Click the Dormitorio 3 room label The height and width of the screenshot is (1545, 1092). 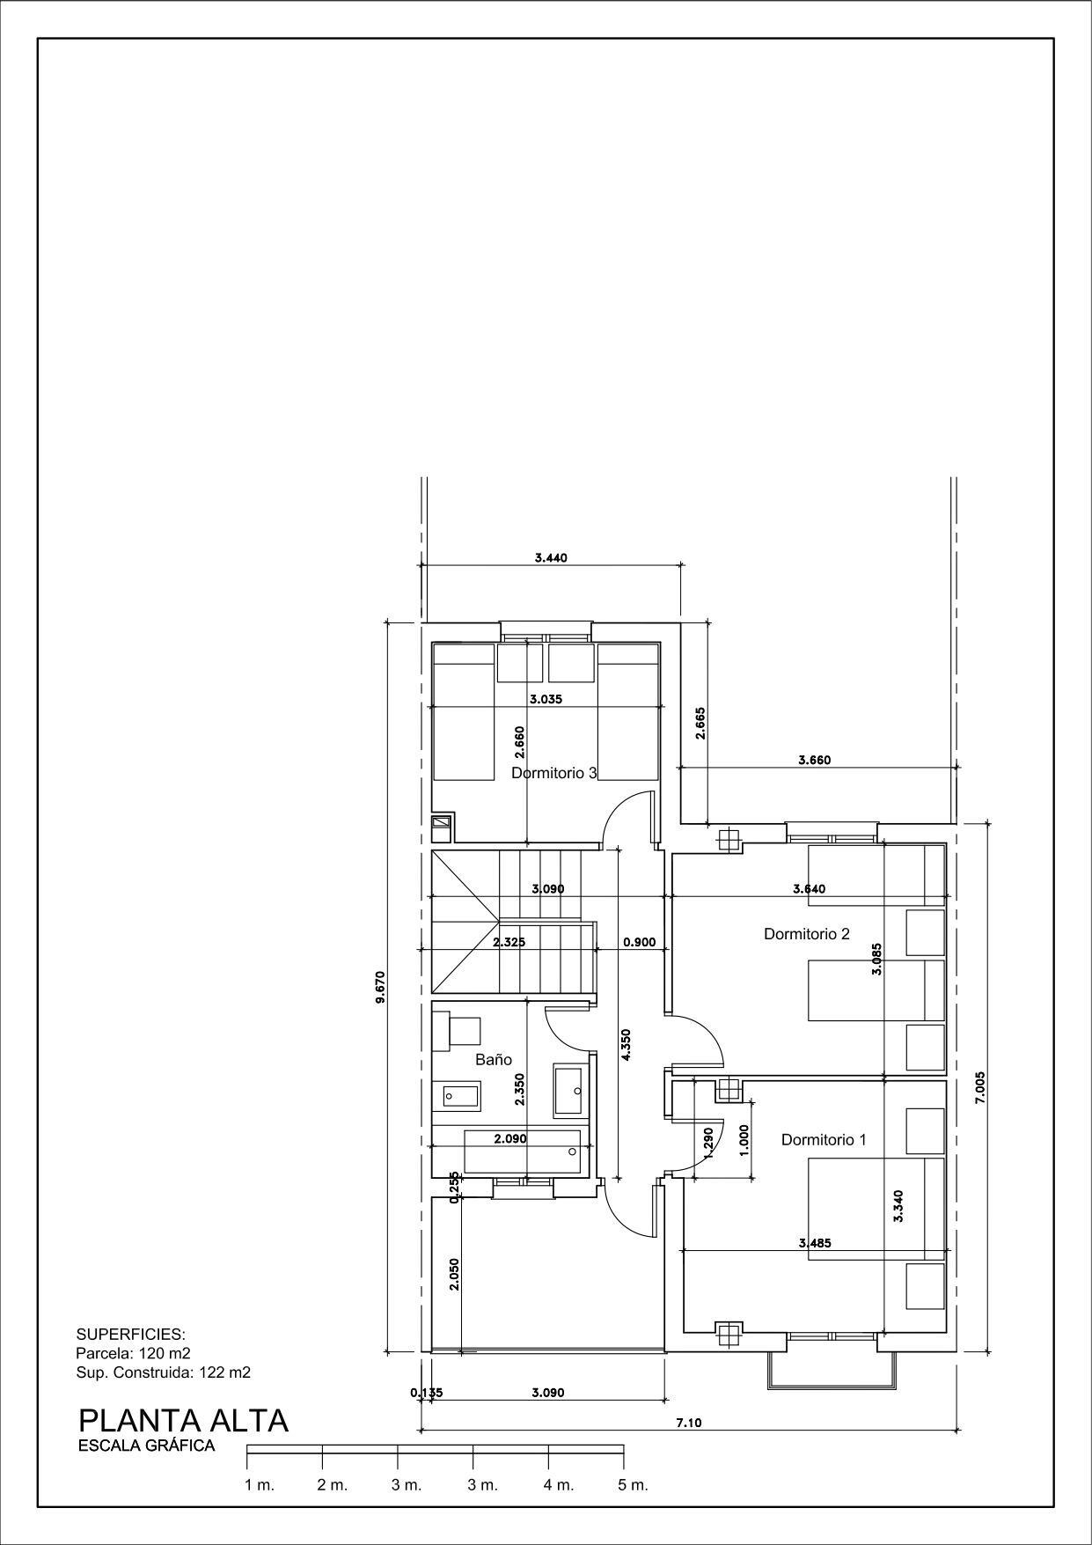554,773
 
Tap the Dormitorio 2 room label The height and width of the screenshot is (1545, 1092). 807,934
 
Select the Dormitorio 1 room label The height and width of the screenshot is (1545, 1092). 824,1139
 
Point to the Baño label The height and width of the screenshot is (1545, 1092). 494,1060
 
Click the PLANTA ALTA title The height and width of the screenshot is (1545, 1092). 183,1420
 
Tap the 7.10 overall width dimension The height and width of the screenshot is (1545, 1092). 689,1423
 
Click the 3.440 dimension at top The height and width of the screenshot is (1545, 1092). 551,557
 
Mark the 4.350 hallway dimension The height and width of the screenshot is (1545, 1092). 626,1045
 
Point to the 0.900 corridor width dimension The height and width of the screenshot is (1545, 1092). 640,942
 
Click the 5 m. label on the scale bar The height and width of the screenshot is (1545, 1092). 633,1485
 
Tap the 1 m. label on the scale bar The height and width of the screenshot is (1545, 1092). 260,1485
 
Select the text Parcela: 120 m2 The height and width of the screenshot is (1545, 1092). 134,1353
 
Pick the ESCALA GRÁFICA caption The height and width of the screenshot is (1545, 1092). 147,1446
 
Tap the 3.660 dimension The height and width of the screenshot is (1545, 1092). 814,760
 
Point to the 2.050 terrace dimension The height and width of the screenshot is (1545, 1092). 454,1274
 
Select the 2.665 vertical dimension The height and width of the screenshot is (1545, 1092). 700,723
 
